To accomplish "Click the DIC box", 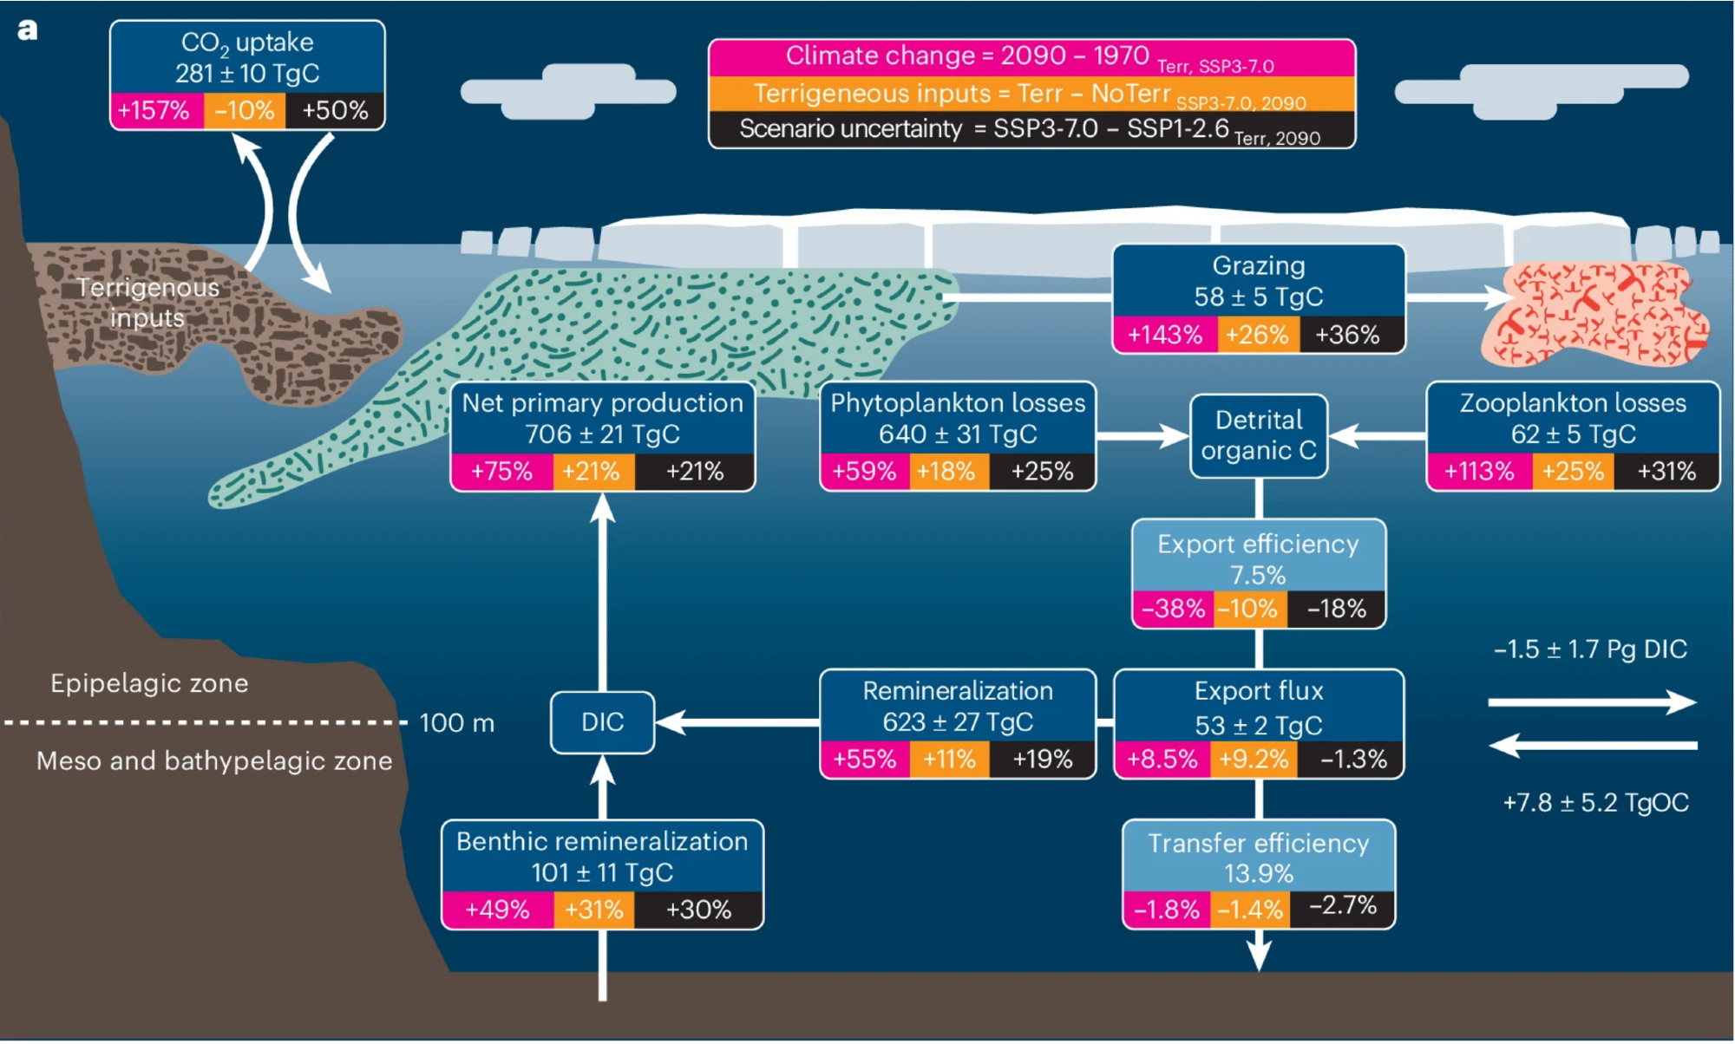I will pos(602,722).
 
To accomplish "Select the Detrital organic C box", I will pos(1258,435).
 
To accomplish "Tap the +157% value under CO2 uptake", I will pos(154,110).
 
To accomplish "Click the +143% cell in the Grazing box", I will pos(1164,335).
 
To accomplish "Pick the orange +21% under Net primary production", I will pos(592,472).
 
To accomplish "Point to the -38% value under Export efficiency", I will pos(1173,609).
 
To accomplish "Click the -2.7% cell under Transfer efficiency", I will pos(1342,906).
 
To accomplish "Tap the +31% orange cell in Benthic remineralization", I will pos(593,910).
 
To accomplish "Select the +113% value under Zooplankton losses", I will pos(1478,472).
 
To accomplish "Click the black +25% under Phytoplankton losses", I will pos(1042,472).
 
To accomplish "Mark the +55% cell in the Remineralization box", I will pos(864,760).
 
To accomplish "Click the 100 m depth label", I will pos(456,723).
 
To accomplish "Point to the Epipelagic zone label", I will pos(149,683).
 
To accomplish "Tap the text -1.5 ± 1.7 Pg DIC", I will pos(1590,649).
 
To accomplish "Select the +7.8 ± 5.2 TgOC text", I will pos(1595,803).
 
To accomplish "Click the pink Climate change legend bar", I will pos(1031,57).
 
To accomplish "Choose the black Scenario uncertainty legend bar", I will pos(1031,130).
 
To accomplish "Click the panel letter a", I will pos(28,30).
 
